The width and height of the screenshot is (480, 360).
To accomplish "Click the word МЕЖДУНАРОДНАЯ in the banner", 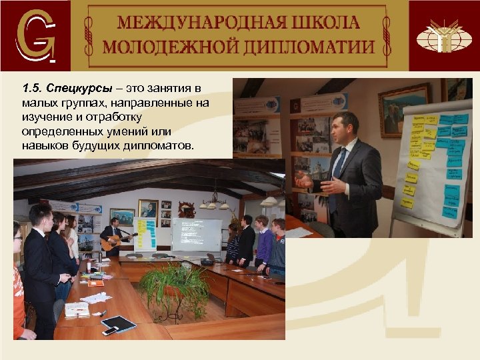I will pos(183,22).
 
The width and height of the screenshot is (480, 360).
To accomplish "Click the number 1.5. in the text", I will pos(31,89).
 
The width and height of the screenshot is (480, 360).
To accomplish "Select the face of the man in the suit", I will pos(346,127).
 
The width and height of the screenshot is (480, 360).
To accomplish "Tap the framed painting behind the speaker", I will pos(404,109).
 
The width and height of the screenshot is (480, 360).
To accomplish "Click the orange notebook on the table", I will pos(96,283).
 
